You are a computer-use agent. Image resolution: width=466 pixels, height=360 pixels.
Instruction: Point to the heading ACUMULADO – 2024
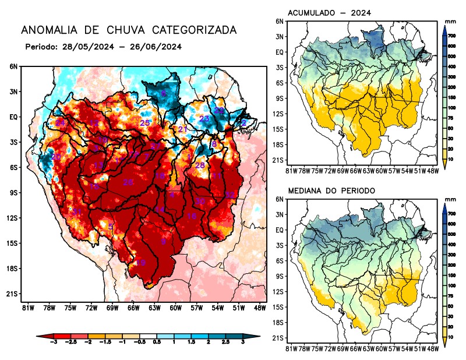[x=330, y=12]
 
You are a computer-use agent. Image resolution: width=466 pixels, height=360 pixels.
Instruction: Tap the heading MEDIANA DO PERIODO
[x=331, y=190]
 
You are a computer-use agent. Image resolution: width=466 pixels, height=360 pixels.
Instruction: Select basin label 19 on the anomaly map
[x=140, y=263]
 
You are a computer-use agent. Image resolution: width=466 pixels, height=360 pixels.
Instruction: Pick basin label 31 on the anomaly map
[x=76, y=211]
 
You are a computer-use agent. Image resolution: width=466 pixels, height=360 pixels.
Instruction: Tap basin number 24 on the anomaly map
[x=60, y=123]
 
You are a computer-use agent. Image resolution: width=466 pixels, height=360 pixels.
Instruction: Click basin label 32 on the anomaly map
[x=230, y=195]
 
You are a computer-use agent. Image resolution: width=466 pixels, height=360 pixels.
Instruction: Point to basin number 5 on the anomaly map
[x=111, y=227]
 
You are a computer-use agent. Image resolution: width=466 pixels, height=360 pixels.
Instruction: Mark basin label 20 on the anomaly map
[x=56, y=157]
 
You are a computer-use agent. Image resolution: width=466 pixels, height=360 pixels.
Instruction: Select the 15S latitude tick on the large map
[x=13, y=243]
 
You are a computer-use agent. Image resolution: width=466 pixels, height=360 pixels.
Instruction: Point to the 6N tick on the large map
[x=13, y=66]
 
